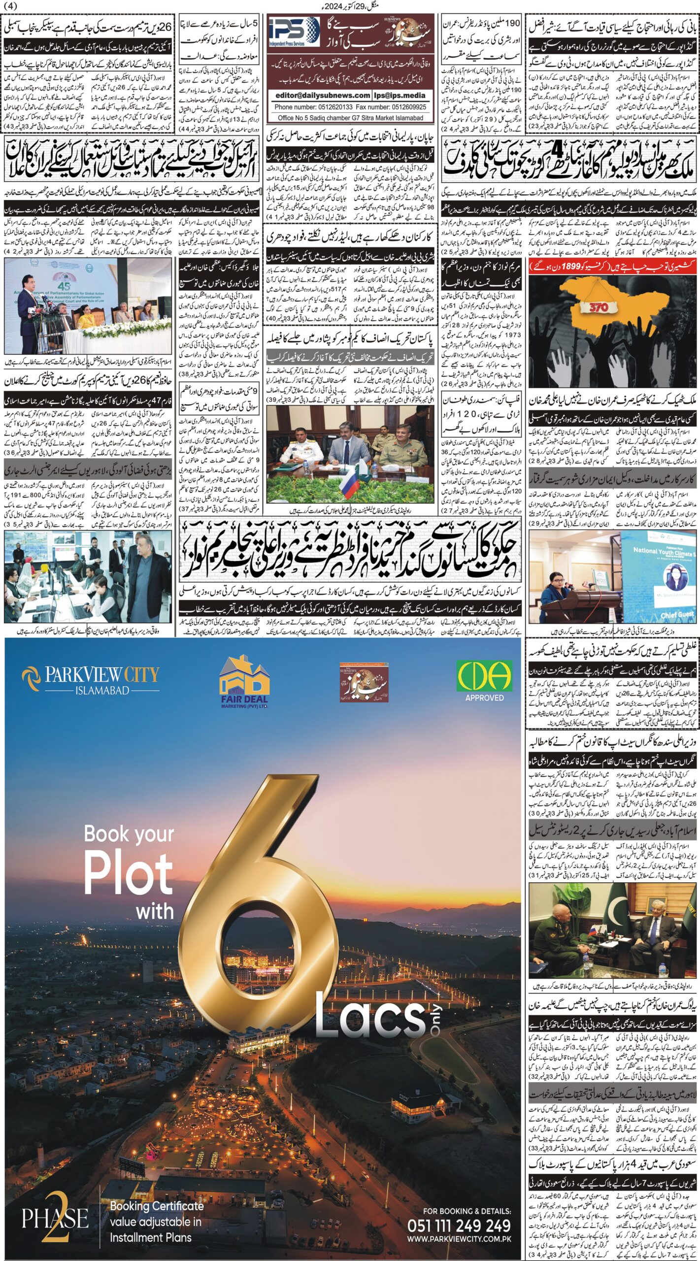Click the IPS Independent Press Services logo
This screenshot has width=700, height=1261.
point(294,32)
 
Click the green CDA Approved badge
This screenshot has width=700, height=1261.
point(484,680)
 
